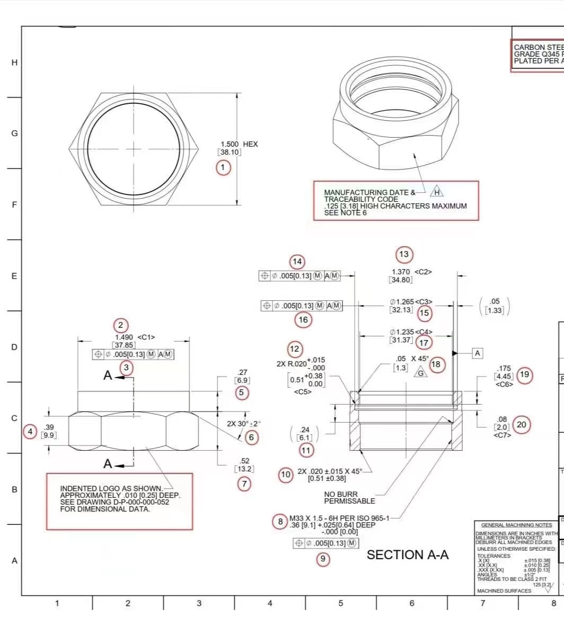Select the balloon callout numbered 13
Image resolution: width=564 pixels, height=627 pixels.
404,255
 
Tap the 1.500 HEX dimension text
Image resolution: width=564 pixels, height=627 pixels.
239,144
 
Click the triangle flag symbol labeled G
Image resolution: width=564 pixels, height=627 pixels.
420,372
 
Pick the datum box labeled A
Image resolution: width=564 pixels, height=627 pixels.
478,353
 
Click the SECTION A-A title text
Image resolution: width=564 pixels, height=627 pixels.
408,554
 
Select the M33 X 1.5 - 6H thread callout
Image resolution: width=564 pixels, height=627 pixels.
339,518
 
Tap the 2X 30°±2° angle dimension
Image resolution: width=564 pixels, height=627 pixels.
244,424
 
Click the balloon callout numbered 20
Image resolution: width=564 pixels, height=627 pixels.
522,425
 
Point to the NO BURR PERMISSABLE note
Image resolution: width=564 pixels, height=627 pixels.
349,497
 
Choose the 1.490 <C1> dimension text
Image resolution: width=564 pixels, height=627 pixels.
135,337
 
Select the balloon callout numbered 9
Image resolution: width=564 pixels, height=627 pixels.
323,559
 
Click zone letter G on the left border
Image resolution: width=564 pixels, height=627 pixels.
14,133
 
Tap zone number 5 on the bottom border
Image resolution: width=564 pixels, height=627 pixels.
340,603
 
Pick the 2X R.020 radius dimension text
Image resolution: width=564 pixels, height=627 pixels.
292,364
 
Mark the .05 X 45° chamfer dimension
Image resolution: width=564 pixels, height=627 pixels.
412,359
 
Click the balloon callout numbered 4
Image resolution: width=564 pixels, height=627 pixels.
30,432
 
